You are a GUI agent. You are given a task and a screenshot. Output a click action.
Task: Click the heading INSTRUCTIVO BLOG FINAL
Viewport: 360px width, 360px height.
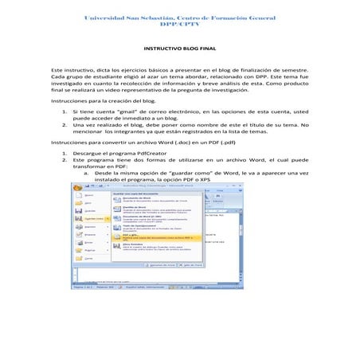180,49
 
